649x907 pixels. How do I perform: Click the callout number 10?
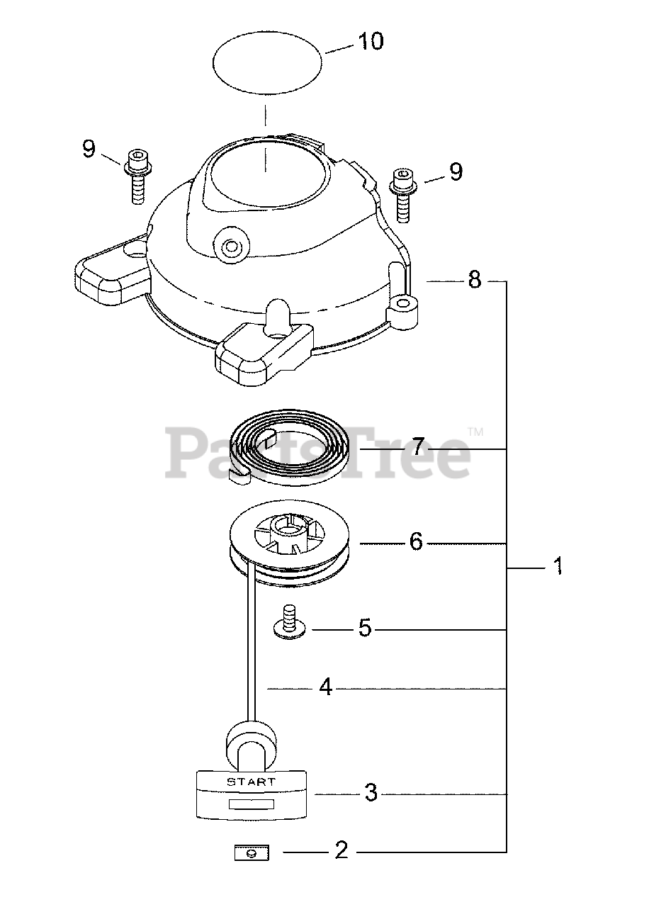tap(370, 41)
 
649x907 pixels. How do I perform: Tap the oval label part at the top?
tap(267, 63)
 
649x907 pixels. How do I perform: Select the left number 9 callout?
tap(89, 149)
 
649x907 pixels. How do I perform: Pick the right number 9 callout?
tap(456, 171)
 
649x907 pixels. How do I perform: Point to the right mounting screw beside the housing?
tap(403, 196)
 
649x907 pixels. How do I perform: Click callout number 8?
tap(475, 279)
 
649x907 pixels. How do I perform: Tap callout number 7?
tap(418, 446)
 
